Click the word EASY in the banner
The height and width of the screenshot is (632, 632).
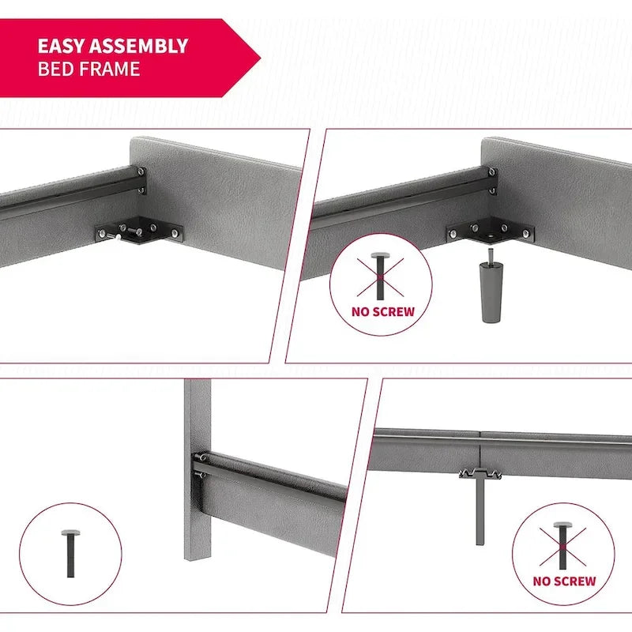(62, 46)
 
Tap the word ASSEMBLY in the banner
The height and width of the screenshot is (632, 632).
(139, 46)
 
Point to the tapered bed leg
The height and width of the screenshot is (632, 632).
(491, 292)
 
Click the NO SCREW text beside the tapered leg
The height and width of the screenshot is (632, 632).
(383, 312)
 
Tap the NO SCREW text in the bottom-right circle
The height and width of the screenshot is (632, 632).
(564, 581)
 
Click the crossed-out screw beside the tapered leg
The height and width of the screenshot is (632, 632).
(380, 276)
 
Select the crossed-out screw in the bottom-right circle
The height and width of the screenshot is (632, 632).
(562, 545)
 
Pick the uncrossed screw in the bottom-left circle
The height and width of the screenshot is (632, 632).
(70, 554)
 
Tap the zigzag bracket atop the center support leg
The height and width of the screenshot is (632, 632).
(480, 473)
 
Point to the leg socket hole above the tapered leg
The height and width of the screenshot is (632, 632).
(491, 234)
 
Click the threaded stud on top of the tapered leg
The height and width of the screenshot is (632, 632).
(490, 255)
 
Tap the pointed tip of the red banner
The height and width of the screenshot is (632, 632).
(261, 58)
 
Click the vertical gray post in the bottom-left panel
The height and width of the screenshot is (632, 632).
(197, 468)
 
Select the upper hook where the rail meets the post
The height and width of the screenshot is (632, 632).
(200, 458)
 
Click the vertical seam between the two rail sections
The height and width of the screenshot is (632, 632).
(480, 450)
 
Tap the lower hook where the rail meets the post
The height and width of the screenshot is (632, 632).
(200, 475)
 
